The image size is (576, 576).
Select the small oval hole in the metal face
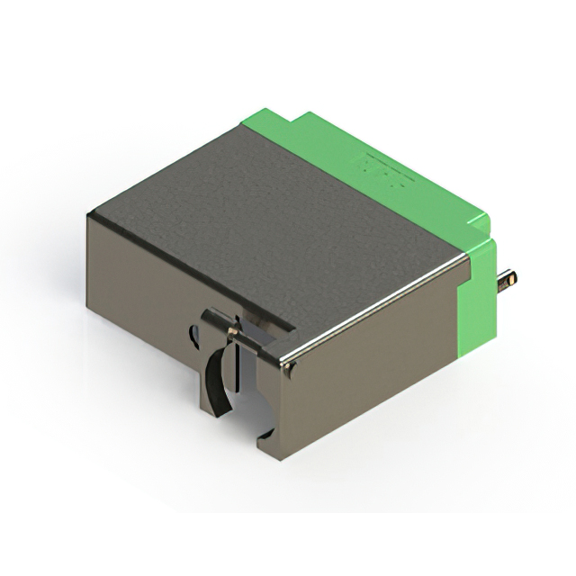tap(193, 337)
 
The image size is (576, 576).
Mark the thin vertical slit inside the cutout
tap(236, 369)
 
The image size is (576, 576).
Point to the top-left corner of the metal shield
tap(90, 214)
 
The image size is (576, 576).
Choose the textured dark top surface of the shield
tap(270, 225)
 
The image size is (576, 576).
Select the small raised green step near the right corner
tap(481, 229)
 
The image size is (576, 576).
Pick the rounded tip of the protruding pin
tap(515, 280)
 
